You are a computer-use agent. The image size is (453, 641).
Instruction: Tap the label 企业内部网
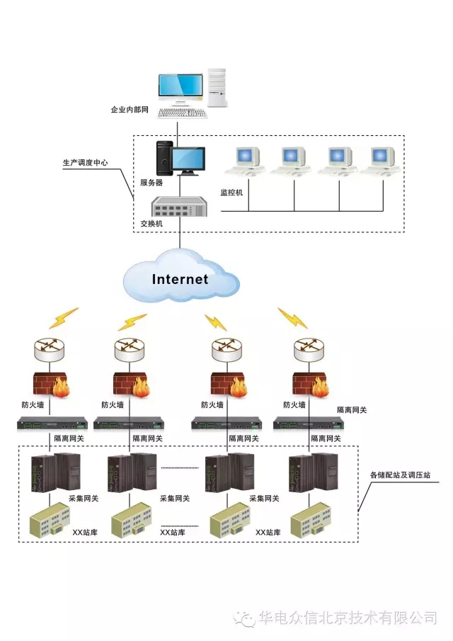point(130,110)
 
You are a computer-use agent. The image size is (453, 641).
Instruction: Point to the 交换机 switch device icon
point(179,209)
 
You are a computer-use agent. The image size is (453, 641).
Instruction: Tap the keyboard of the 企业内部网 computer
point(182,113)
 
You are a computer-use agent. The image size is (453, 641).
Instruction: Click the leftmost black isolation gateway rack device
point(52,424)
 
